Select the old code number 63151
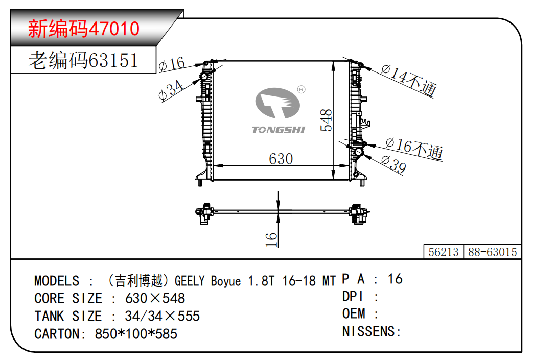click(113, 60)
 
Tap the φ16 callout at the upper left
click(172, 64)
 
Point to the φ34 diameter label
click(171, 90)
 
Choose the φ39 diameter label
click(393, 164)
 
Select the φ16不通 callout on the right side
click(414, 149)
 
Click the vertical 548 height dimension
click(326, 120)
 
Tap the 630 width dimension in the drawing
click(281, 159)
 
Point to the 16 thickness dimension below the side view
click(271, 239)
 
